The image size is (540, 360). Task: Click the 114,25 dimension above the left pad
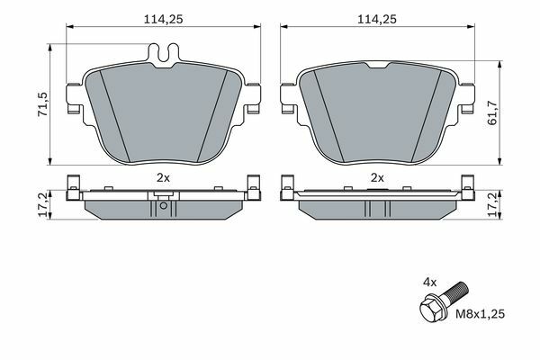coord(163,19)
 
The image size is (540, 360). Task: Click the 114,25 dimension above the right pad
coord(377,19)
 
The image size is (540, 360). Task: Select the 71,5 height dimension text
coord(43,104)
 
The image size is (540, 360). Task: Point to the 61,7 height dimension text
coord(493,112)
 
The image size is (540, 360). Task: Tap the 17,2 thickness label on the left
coord(43,204)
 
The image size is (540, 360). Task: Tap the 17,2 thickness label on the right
coord(493,204)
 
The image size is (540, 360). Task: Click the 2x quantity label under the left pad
coord(163,178)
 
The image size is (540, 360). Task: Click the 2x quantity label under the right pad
coord(377,178)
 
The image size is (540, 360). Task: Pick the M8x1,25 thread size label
coord(481,314)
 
